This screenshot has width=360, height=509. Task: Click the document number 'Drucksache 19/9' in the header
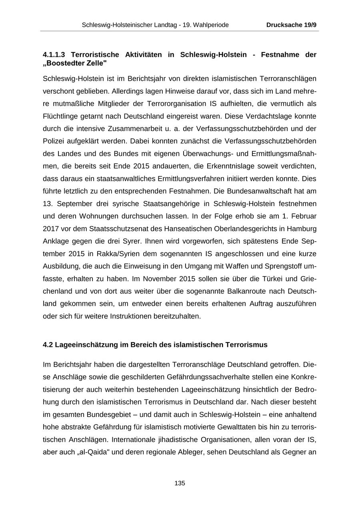pyautogui.click(x=291, y=25)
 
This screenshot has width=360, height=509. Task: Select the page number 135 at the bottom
pyautogui.click(x=180, y=483)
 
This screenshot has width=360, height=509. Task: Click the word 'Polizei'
pyautogui.click(x=54, y=141)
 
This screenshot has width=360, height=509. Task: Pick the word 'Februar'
pyautogui.click(x=303, y=216)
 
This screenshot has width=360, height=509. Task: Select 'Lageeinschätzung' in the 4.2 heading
pyautogui.click(x=86, y=345)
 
